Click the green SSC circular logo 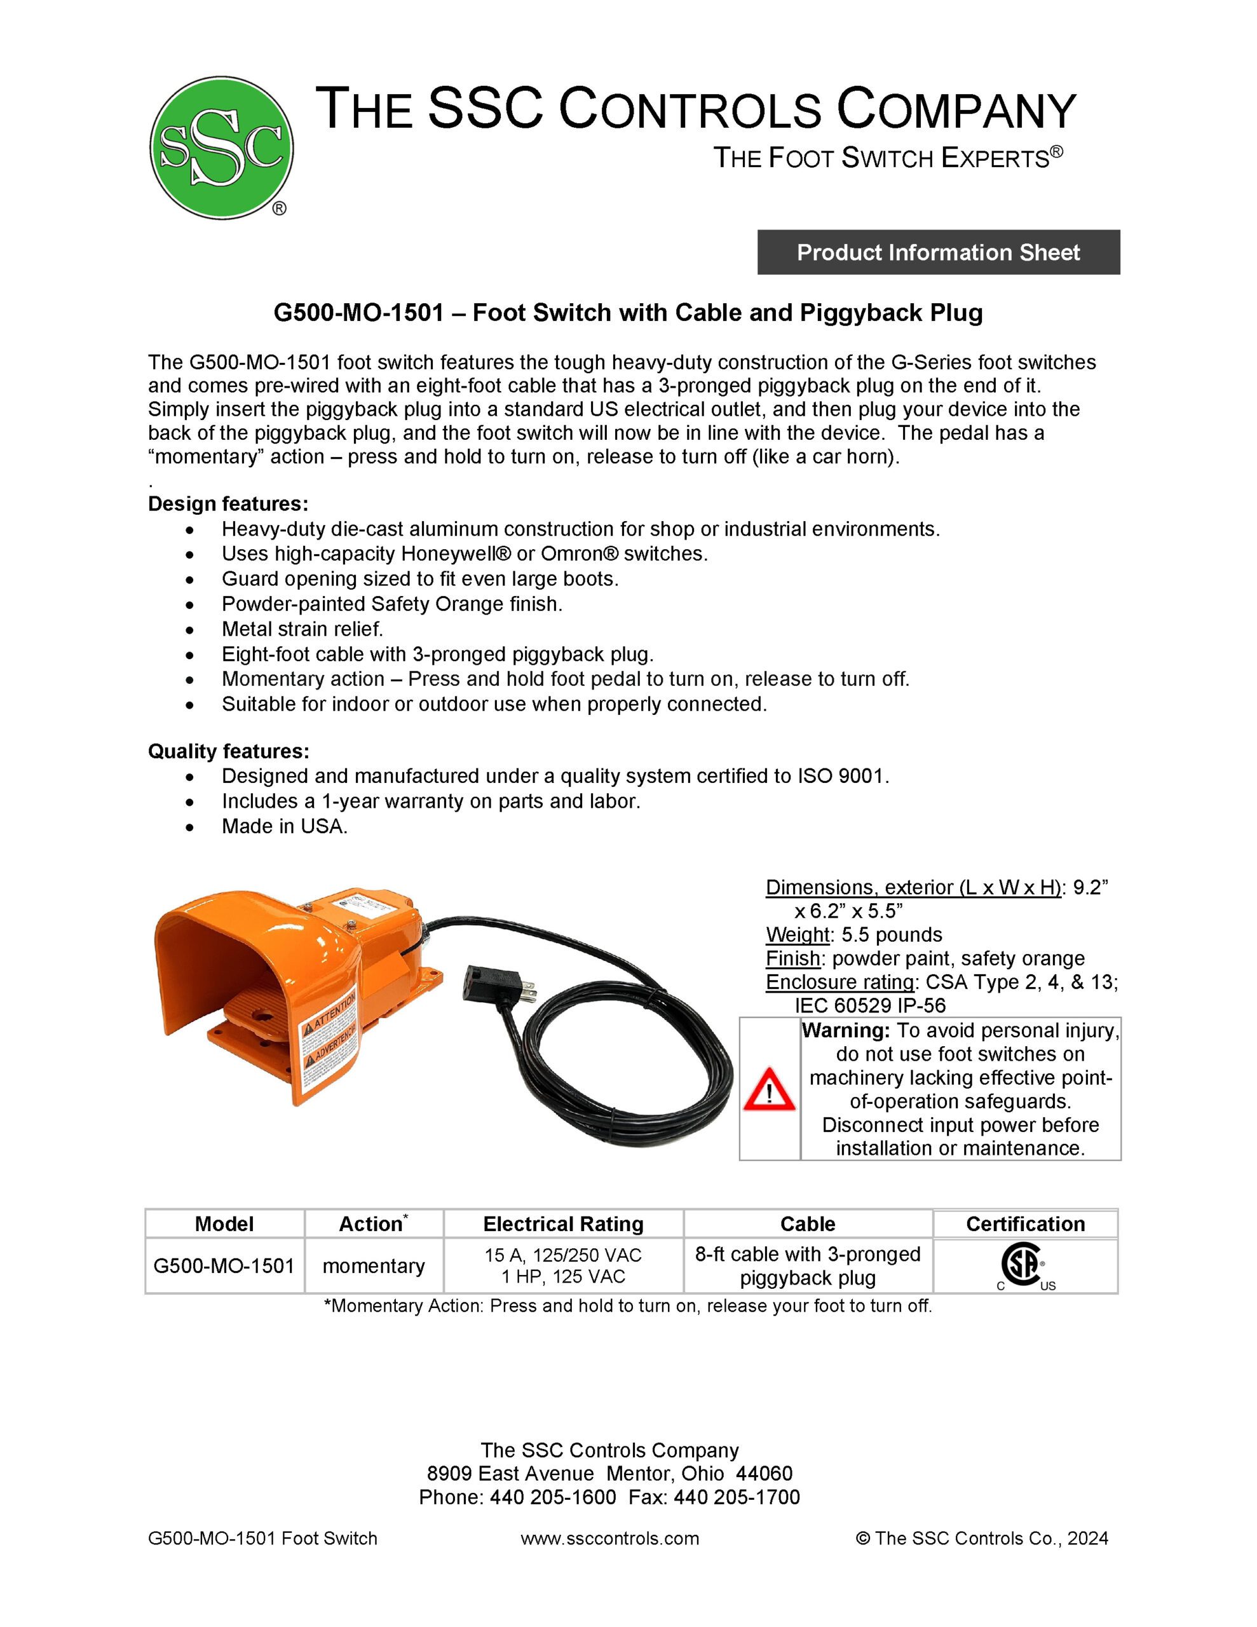click(x=221, y=148)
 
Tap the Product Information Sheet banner click(x=938, y=252)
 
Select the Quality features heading click(x=229, y=751)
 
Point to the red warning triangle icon click(x=769, y=1091)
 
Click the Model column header click(x=224, y=1224)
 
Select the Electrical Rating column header click(x=563, y=1224)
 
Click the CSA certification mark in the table click(x=1021, y=1265)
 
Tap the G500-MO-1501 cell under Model click(x=224, y=1266)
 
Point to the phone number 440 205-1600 click(x=552, y=1497)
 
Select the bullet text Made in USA click(x=285, y=826)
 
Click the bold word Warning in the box click(x=846, y=1031)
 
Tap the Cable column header click(x=808, y=1224)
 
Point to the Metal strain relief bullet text click(x=302, y=629)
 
